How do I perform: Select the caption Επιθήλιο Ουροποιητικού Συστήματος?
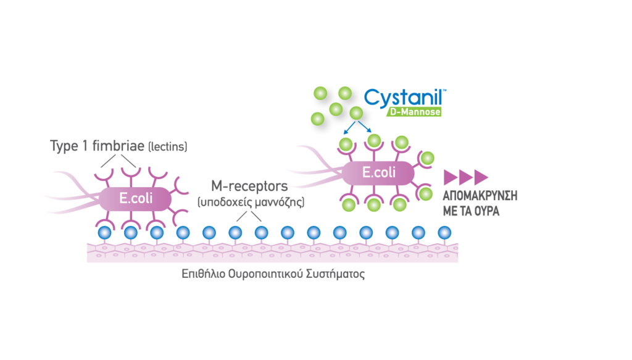point(273,274)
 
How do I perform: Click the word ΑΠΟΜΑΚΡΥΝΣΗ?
point(480,195)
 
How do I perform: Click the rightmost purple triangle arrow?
point(481,177)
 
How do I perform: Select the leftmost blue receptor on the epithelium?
point(104,232)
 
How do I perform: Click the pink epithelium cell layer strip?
point(272,252)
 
